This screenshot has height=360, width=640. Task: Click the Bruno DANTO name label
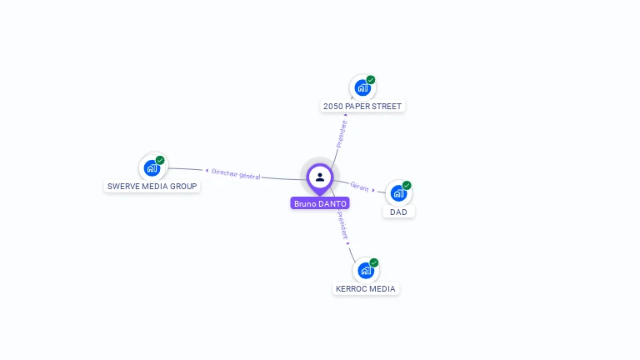(x=320, y=203)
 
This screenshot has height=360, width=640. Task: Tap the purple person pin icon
(x=320, y=177)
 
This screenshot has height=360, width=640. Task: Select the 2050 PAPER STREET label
(x=362, y=107)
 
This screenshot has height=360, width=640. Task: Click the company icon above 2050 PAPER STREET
(x=362, y=87)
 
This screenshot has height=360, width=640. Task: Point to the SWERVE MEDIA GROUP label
(x=152, y=186)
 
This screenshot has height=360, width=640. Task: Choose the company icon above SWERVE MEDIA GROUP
(x=152, y=167)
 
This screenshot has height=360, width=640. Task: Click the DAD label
(x=399, y=212)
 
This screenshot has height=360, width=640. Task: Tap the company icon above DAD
(x=398, y=192)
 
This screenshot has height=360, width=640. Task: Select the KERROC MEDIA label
(x=366, y=289)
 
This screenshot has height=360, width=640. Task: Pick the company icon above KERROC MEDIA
(x=365, y=270)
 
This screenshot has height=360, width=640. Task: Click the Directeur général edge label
(x=236, y=174)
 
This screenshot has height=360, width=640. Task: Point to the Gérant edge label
(x=360, y=187)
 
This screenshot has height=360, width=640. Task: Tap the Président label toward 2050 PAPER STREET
(x=342, y=133)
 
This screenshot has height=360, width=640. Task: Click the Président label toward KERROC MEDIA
(x=342, y=225)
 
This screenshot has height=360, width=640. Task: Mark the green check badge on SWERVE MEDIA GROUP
(x=160, y=160)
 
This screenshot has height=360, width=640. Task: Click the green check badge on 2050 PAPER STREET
(x=371, y=80)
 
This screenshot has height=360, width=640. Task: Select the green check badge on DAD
(x=407, y=185)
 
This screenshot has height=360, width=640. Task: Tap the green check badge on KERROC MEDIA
(x=374, y=262)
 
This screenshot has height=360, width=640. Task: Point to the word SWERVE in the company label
(x=124, y=186)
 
